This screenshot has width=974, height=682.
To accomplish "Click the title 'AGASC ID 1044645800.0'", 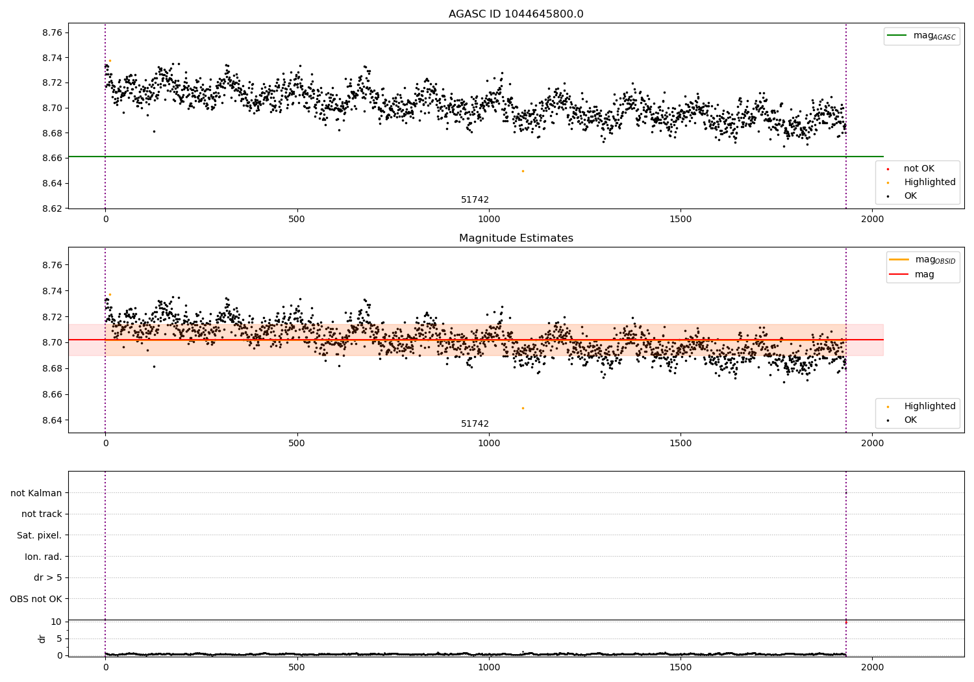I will [x=516, y=14].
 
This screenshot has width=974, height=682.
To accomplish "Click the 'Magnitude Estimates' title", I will [x=516, y=238].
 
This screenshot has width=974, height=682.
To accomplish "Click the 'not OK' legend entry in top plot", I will [x=918, y=169].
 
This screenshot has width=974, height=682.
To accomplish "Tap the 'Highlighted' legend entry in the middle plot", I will [x=929, y=407].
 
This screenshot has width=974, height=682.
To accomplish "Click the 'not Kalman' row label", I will [x=36, y=493].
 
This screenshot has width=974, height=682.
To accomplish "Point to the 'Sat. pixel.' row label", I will [x=39, y=536].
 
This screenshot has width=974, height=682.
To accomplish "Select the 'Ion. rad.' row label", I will [x=43, y=557].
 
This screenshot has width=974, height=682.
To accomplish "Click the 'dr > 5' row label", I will [x=47, y=578].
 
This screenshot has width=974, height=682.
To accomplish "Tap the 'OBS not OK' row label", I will [x=36, y=599].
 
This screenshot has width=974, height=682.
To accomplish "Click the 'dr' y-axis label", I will [x=42, y=638].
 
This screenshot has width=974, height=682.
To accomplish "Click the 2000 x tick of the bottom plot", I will [x=872, y=667].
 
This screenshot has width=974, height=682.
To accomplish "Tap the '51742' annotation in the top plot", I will [x=475, y=200].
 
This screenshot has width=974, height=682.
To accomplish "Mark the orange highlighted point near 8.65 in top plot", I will [x=523, y=171].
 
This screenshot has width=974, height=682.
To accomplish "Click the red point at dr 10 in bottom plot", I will [x=845, y=622].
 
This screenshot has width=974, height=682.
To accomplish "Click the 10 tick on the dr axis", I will [x=56, y=622].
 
